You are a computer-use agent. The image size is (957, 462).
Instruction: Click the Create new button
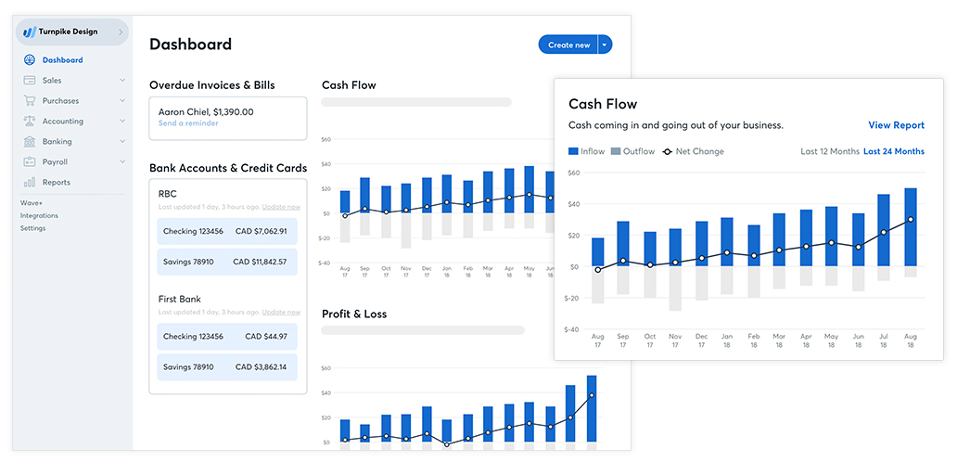pyautogui.click(x=568, y=45)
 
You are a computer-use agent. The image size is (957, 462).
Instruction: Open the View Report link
pyautogui.click(x=896, y=125)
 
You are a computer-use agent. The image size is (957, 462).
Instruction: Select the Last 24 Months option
pyautogui.click(x=894, y=151)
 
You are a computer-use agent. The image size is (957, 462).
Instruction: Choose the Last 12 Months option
pyautogui.click(x=829, y=151)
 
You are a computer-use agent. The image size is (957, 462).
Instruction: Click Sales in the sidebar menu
pyautogui.click(x=52, y=81)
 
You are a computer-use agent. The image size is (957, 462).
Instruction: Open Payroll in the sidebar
pyautogui.click(x=55, y=162)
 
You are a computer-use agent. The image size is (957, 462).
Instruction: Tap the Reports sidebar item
pyautogui.click(x=56, y=183)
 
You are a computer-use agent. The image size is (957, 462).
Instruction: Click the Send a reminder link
pyautogui.click(x=188, y=123)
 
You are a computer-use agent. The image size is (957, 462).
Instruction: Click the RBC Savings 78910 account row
pyautogui.click(x=227, y=262)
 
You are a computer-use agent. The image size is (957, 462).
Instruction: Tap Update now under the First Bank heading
pyautogui.click(x=281, y=313)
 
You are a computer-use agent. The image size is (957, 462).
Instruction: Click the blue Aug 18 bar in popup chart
pyautogui.click(x=911, y=226)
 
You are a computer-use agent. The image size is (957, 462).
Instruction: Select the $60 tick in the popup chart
pyautogui.click(x=573, y=173)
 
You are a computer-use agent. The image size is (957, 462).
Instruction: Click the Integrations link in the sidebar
pyautogui.click(x=39, y=215)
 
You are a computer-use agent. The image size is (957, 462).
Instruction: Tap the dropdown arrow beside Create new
pyautogui.click(x=605, y=45)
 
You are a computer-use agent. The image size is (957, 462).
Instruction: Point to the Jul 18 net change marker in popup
pyautogui.click(x=884, y=232)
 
